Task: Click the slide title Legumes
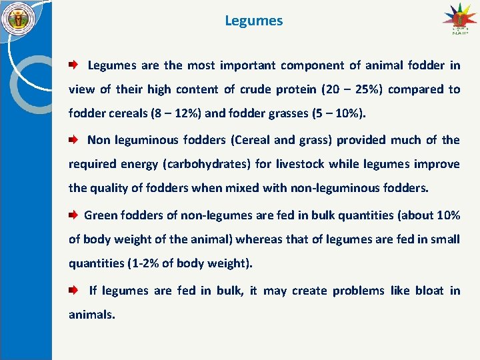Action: pyautogui.click(x=253, y=21)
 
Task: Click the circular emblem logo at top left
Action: pyautogui.click(x=18, y=19)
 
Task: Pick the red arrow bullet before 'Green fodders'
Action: pyautogui.click(x=73, y=215)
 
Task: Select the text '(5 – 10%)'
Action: pyautogui.click(x=338, y=113)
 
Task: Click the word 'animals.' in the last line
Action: pyautogui.click(x=92, y=315)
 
